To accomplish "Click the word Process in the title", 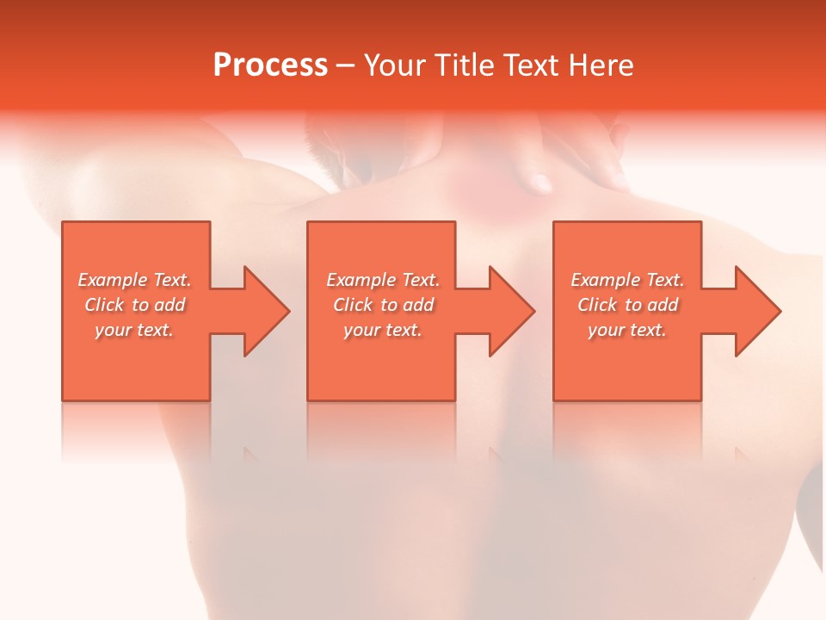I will pos(270,65).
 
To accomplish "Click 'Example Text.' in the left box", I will pos(134,280).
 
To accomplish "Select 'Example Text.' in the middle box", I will pos(383,280).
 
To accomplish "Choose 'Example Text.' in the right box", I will pos(627,280).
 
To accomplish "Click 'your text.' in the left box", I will pos(134,330).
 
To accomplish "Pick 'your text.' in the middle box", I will pos(383,330).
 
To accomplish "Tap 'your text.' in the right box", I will pos(627,330).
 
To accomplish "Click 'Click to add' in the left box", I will pos(134,305).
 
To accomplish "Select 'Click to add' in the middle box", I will pos(383,305).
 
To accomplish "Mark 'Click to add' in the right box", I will pos(627,305).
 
